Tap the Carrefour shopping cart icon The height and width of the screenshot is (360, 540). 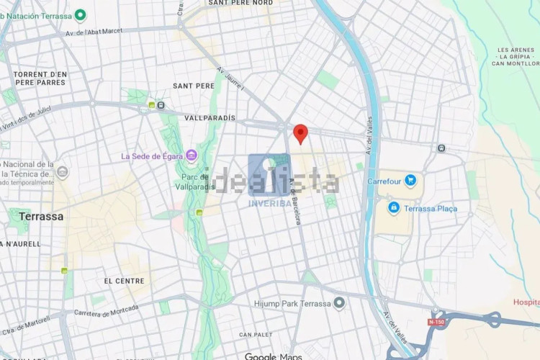410,181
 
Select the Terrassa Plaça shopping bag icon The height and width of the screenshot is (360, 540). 394,208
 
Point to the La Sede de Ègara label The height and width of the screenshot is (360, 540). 152,156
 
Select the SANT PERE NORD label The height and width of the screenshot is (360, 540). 240,3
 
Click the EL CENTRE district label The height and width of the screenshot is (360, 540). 125,281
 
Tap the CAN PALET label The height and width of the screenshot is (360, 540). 256,335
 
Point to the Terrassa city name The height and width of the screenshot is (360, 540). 41,216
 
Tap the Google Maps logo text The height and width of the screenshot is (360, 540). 273,356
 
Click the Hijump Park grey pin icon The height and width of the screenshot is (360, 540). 339,303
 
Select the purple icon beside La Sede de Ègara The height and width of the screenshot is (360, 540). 191,155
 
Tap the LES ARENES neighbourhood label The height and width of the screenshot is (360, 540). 514,50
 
